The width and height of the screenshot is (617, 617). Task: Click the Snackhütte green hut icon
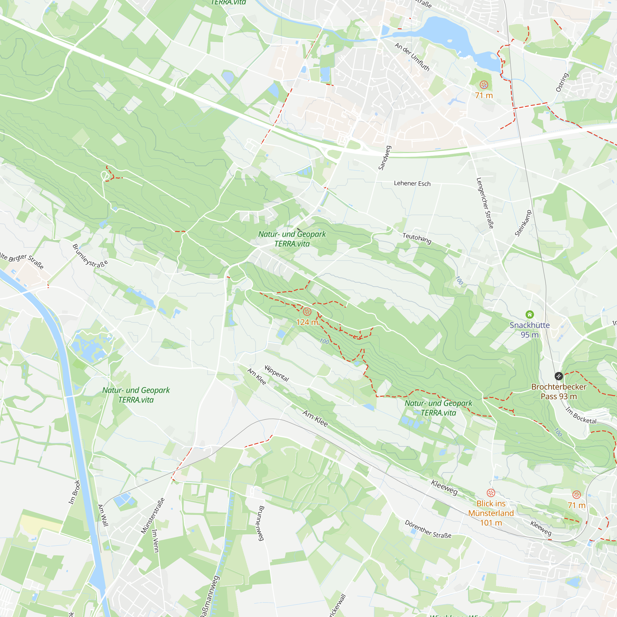pos(529,315)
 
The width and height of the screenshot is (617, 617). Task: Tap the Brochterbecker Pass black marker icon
pos(558,376)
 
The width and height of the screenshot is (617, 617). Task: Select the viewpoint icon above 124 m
pos(307,311)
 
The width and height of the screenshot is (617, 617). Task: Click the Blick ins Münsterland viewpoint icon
pos(491,493)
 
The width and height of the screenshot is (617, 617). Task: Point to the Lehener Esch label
pos(412,183)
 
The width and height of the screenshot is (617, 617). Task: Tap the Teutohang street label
pos(417,238)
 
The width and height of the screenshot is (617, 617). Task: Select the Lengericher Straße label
pos(485,203)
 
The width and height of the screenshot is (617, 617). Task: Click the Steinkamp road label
pos(523,223)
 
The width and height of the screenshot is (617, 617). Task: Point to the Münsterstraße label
pos(153,516)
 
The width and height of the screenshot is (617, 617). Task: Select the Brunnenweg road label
pos(261,523)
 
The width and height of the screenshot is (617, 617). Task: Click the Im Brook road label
pos(74,492)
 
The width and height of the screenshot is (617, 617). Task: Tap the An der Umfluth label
pos(412,57)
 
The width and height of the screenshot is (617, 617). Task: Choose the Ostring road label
pos(562,82)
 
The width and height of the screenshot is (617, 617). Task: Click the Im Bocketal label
pos(581,415)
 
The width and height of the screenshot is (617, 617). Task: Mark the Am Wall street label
pos(103,515)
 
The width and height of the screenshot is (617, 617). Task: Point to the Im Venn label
pos(155,541)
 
